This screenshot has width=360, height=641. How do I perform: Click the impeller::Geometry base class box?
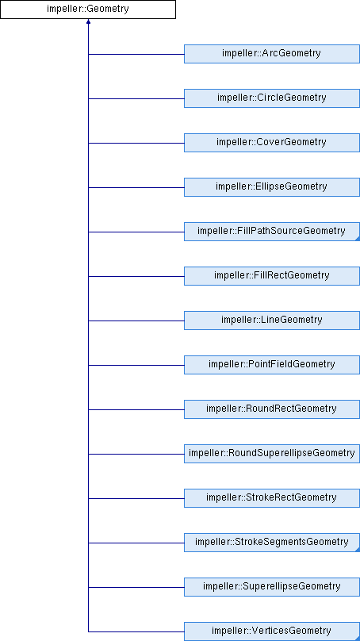pyautogui.click(x=88, y=10)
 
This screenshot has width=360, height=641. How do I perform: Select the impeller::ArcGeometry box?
pyautogui.click(x=272, y=54)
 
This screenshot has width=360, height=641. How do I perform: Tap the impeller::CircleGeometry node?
pyautogui.click(x=272, y=98)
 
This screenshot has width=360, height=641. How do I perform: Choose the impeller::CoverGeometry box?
pyautogui.click(x=272, y=143)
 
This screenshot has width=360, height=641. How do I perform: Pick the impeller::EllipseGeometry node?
pyautogui.click(x=272, y=187)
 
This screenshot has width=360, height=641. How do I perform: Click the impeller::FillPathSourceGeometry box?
pyautogui.click(x=272, y=232)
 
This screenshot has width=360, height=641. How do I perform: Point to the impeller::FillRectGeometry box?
pyautogui.click(x=272, y=276)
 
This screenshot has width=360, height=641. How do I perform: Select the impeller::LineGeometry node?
pyautogui.click(x=272, y=320)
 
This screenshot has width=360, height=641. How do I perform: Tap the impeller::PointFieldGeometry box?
pyautogui.click(x=272, y=365)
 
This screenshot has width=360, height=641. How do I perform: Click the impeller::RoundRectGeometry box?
pyautogui.click(x=272, y=409)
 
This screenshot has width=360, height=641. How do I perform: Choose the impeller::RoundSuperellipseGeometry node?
pyautogui.click(x=272, y=454)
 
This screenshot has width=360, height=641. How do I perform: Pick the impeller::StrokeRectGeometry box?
pyautogui.click(x=272, y=498)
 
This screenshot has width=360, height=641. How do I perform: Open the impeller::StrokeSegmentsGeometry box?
pyautogui.click(x=272, y=543)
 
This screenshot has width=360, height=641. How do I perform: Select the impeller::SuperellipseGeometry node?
pyautogui.click(x=272, y=587)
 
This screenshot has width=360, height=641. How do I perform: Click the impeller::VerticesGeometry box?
pyautogui.click(x=272, y=631)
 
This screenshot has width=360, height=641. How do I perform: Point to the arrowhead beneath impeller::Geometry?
pyautogui.click(x=88, y=21)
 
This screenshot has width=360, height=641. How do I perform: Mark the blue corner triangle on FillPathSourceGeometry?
pyautogui.click(x=358, y=239)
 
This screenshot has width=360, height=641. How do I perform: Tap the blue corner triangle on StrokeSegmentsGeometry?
pyautogui.click(x=358, y=550)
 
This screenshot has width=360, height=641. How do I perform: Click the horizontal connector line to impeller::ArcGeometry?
pyautogui.click(x=136, y=54)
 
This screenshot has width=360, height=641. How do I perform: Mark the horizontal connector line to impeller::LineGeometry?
pyautogui.click(x=136, y=320)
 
